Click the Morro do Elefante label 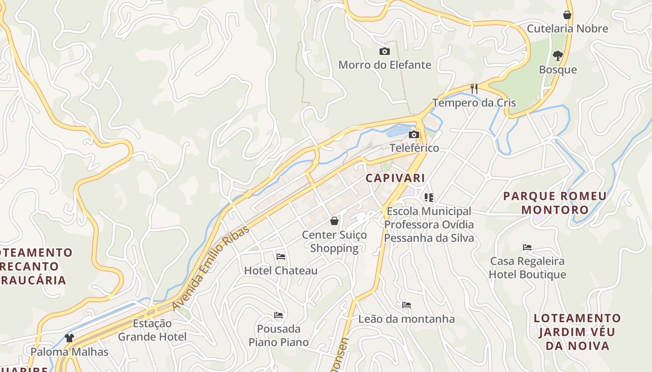tap(385, 65)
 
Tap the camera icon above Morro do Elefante tap(385, 51)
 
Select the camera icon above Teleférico tap(414, 135)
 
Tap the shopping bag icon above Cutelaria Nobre tap(567, 15)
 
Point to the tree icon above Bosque tap(557, 56)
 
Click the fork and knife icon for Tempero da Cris tap(474, 88)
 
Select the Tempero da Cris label tap(474, 103)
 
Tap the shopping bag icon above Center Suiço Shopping tap(334, 221)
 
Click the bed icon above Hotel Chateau tap(281, 256)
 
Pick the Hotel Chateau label tap(281, 270)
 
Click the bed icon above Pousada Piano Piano tap(278, 315)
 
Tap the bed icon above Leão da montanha tap(407, 305)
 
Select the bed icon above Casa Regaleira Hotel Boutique tap(527, 247)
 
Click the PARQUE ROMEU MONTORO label tap(555, 203)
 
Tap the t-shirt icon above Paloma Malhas tap(69, 338)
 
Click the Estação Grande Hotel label tap(152, 330)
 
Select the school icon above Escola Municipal tap(429, 198)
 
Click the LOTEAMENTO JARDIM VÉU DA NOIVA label tap(577, 332)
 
